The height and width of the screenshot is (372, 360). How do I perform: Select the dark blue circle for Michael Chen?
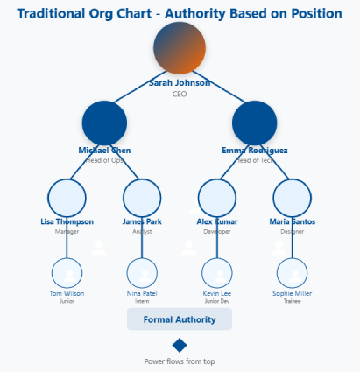(105, 123)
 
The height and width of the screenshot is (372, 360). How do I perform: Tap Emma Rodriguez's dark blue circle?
(255, 123)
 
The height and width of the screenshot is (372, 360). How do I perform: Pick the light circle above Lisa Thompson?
(67, 197)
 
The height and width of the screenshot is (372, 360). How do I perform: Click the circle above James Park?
(142, 197)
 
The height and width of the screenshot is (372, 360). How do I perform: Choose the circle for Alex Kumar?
(217, 197)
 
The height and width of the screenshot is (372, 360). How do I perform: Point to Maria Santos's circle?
(293, 197)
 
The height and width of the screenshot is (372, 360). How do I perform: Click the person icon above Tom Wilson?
(67, 270)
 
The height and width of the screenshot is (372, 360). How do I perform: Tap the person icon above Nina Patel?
(142, 270)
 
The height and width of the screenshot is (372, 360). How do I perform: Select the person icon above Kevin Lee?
(217, 270)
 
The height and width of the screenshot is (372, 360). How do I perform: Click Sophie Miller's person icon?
(293, 270)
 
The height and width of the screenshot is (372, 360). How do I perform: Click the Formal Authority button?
(180, 319)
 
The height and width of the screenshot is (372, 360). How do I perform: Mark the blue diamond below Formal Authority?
(180, 345)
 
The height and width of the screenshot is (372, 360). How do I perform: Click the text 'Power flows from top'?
(180, 361)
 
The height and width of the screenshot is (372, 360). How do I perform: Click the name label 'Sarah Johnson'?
(180, 83)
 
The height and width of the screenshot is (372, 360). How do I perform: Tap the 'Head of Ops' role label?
(105, 160)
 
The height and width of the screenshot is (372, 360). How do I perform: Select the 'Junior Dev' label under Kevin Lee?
(217, 301)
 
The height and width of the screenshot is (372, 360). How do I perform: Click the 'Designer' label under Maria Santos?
(293, 232)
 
